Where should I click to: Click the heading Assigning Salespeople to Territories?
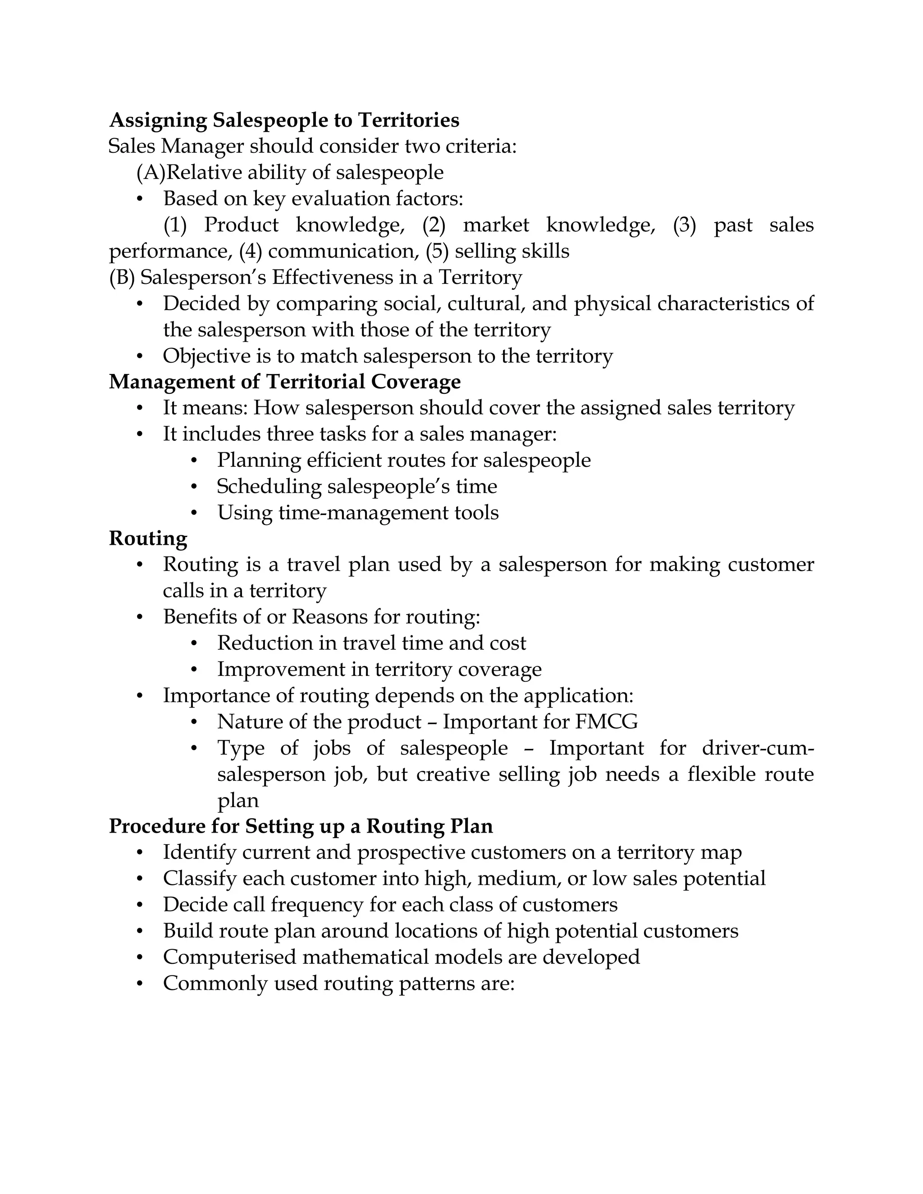pyautogui.click(x=284, y=120)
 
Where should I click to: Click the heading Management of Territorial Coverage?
pyautogui.click(x=284, y=382)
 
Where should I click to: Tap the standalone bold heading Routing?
pyautogui.click(x=148, y=538)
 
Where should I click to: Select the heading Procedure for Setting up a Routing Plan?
pyautogui.click(x=301, y=826)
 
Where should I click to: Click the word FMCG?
pyautogui.click(x=607, y=722)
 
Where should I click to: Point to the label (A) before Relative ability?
pyautogui.click(x=151, y=173)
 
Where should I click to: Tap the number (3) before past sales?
pyautogui.click(x=684, y=225)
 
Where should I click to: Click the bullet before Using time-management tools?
pyautogui.click(x=194, y=513)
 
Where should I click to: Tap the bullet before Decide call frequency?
pyautogui.click(x=140, y=905)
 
